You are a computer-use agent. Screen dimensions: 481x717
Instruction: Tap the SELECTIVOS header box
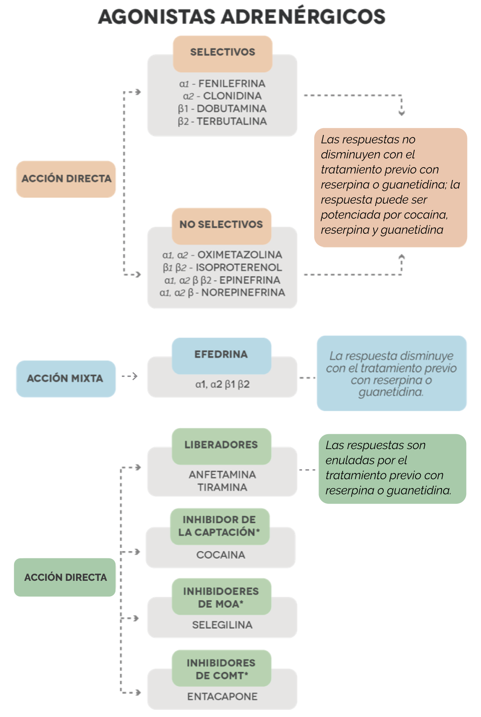[222, 53]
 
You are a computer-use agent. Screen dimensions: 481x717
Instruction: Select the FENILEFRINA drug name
[232, 84]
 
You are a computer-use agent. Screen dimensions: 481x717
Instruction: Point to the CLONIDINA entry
[232, 96]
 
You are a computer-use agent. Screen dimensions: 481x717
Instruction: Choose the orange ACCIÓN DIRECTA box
[66, 179]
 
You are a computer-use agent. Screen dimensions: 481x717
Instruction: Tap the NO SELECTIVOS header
[222, 226]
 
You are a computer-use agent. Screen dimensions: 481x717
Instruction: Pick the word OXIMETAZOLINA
[240, 255]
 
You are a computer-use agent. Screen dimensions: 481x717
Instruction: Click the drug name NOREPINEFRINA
[243, 292]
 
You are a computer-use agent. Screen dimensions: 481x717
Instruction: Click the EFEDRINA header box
[222, 356]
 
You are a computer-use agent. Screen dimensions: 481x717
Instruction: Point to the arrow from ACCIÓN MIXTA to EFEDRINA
[129, 376]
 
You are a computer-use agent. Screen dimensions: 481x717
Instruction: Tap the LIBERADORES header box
[222, 446]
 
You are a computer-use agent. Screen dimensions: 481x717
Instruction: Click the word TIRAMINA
[222, 487]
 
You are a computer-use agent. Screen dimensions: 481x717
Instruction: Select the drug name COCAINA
[221, 555]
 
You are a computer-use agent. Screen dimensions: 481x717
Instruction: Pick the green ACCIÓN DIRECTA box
[65, 577]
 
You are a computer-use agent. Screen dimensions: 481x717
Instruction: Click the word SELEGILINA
[222, 625]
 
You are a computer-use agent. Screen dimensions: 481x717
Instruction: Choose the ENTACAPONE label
[222, 697]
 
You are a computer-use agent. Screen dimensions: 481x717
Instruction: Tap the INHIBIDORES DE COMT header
[222, 668]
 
